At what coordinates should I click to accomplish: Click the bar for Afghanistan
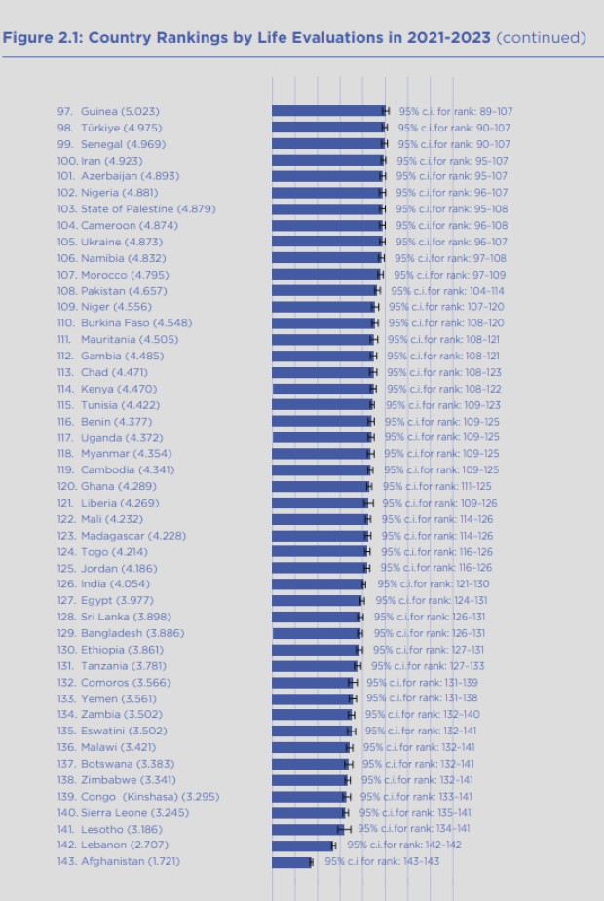point(290,862)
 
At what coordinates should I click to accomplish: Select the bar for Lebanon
point(302,845)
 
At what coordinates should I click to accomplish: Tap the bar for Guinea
point(327,111)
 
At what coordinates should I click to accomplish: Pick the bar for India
point(318,584)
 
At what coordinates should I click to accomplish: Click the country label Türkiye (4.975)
point(121,128)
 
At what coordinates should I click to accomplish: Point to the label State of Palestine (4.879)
point(148,209)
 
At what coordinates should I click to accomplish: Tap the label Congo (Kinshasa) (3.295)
point(150,797)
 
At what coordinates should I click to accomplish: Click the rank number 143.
point(66,862)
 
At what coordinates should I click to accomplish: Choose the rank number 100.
point(66,161)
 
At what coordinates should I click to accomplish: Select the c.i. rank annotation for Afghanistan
point(382,862)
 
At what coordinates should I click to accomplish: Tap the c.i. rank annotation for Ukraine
point(451,242)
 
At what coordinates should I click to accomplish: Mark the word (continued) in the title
point(541,38)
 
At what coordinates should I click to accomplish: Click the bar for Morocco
point(326,275)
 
